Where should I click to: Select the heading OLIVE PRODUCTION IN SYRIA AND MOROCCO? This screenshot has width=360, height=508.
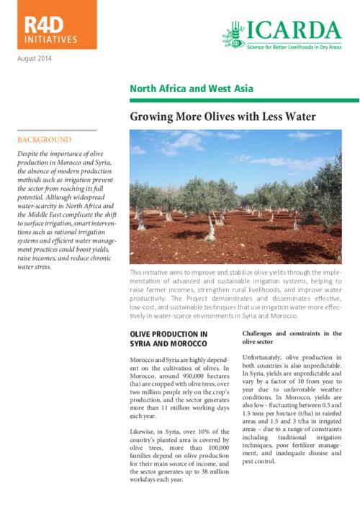(168, 339)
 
